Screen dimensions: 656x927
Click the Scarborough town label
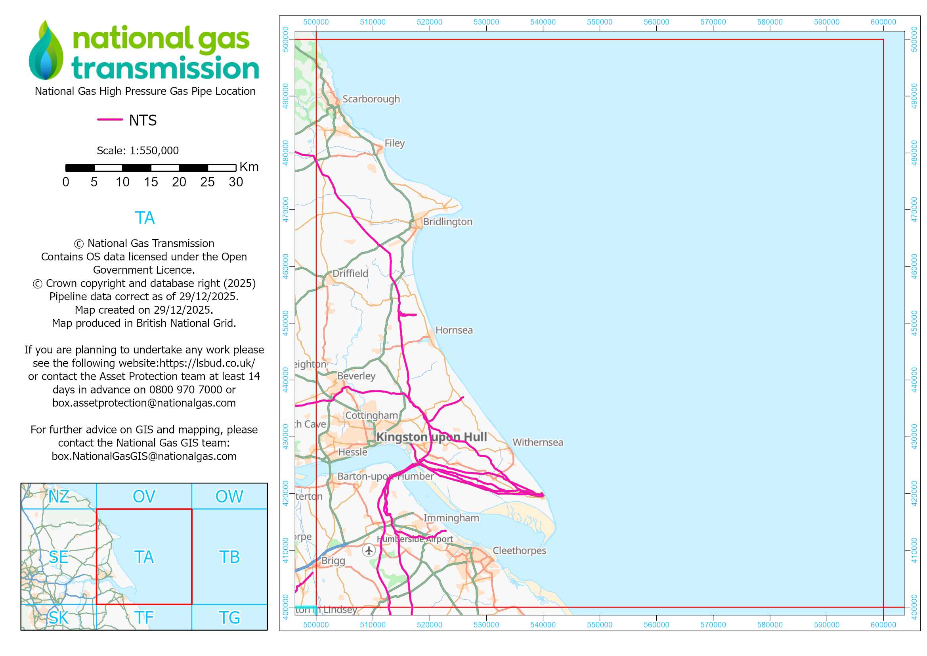point(371,99)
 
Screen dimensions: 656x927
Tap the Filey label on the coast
point(394,144)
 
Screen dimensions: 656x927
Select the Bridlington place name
point(447,222)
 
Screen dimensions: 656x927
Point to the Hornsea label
point(454,330)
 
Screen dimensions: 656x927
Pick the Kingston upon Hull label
point(431,437)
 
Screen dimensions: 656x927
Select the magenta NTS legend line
point(110,119)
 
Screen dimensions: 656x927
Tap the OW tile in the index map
point(229,497)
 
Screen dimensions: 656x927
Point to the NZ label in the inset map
point(59,497)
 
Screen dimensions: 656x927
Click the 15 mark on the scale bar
point(151,182)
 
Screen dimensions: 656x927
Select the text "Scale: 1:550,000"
point(138,151)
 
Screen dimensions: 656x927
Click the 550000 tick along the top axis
point(599,22)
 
